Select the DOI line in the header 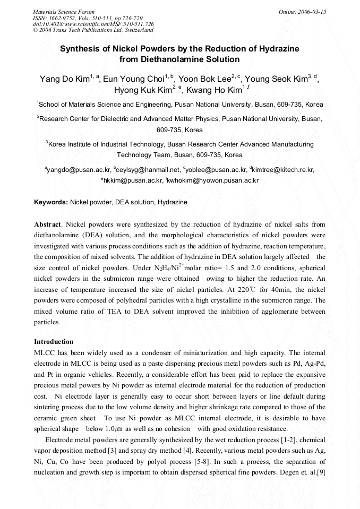click(93, 24)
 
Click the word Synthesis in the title click(80, 49)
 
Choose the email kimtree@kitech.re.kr click(284, 170)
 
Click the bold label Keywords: click(51, 202)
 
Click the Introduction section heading click(54, 341)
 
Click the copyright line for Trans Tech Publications click(93, 30)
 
